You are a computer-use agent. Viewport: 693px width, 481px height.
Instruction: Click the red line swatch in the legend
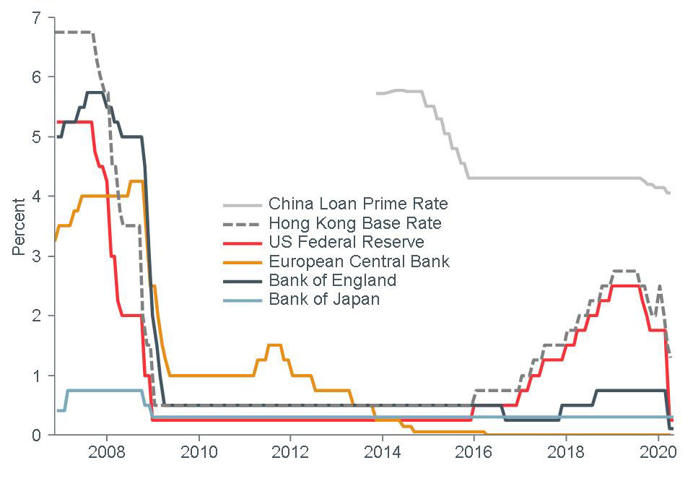(240, 242)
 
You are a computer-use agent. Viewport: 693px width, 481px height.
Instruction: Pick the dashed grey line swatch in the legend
(240, 222)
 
